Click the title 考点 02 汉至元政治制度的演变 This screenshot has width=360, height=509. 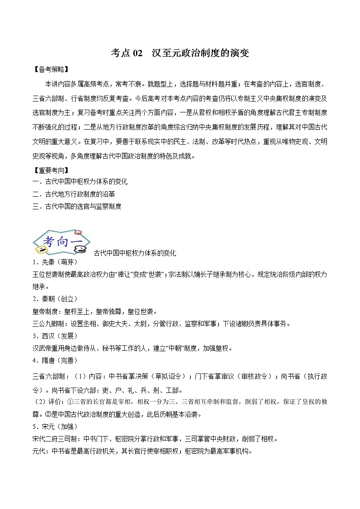(x=180, y=53)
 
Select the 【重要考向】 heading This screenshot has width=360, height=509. (x=51, y=170)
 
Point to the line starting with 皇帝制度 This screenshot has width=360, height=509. (x=95, y=311)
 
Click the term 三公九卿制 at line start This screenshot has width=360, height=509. (x=49, y=324)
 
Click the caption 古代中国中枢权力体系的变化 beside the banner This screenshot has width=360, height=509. (x=135, y=253)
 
